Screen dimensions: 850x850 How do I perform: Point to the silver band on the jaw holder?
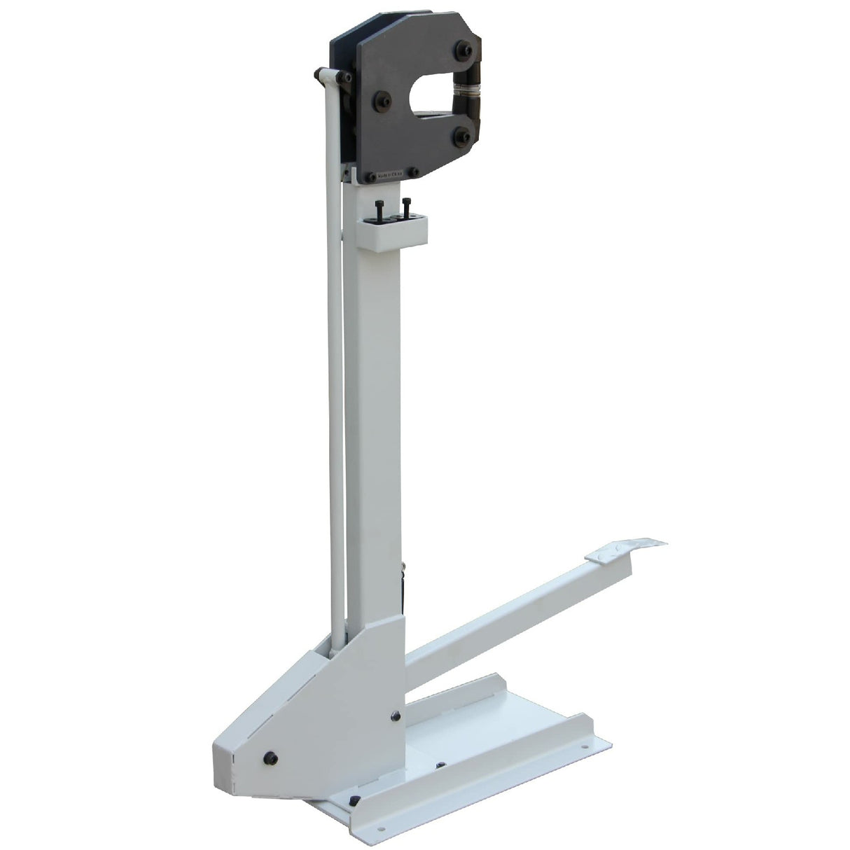coord(464,90)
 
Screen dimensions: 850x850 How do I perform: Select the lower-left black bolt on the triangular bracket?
coord(269,757)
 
